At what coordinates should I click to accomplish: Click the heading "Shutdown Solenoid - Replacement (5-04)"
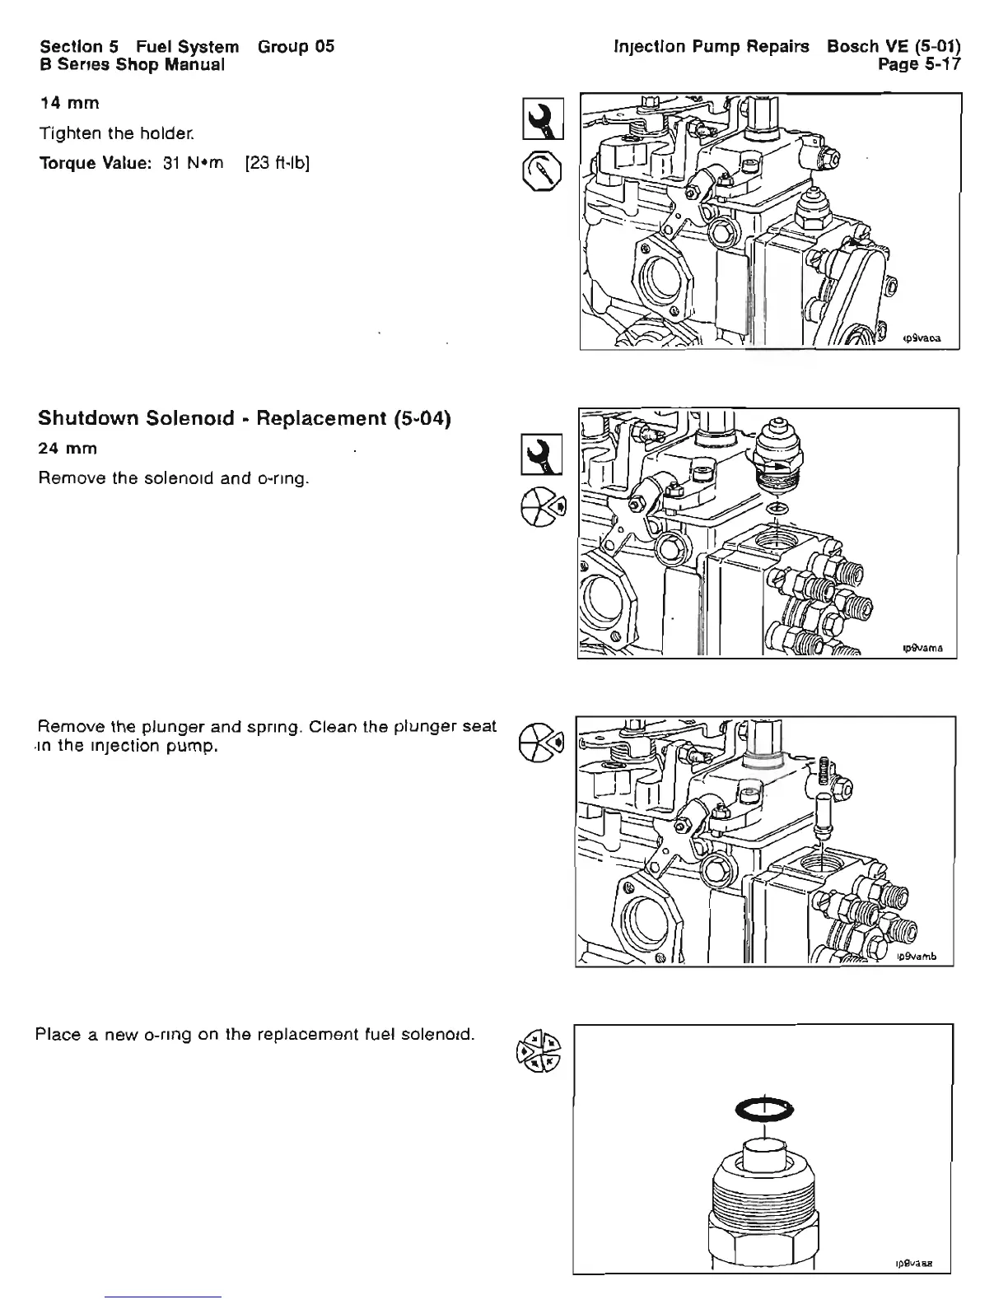(x=245, y=418)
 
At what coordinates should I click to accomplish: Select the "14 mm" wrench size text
(x=70, y=103)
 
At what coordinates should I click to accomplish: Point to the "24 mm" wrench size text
(x=68, y=449)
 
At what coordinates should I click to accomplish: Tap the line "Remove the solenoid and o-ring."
(x=173, y=478)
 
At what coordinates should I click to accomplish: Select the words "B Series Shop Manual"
(x=132, y=63)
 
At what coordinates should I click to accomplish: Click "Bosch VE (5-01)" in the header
(x=893, y=46)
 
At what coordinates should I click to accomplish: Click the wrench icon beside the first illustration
(x=544, y=118)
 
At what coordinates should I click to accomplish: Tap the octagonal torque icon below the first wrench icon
(x=543, y=170)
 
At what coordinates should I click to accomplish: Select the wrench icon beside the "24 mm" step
(x=544, y=454)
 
